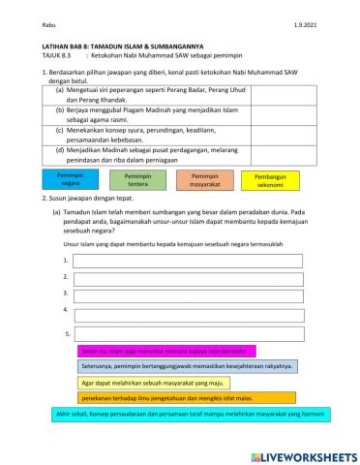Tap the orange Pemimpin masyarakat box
point(204,180)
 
